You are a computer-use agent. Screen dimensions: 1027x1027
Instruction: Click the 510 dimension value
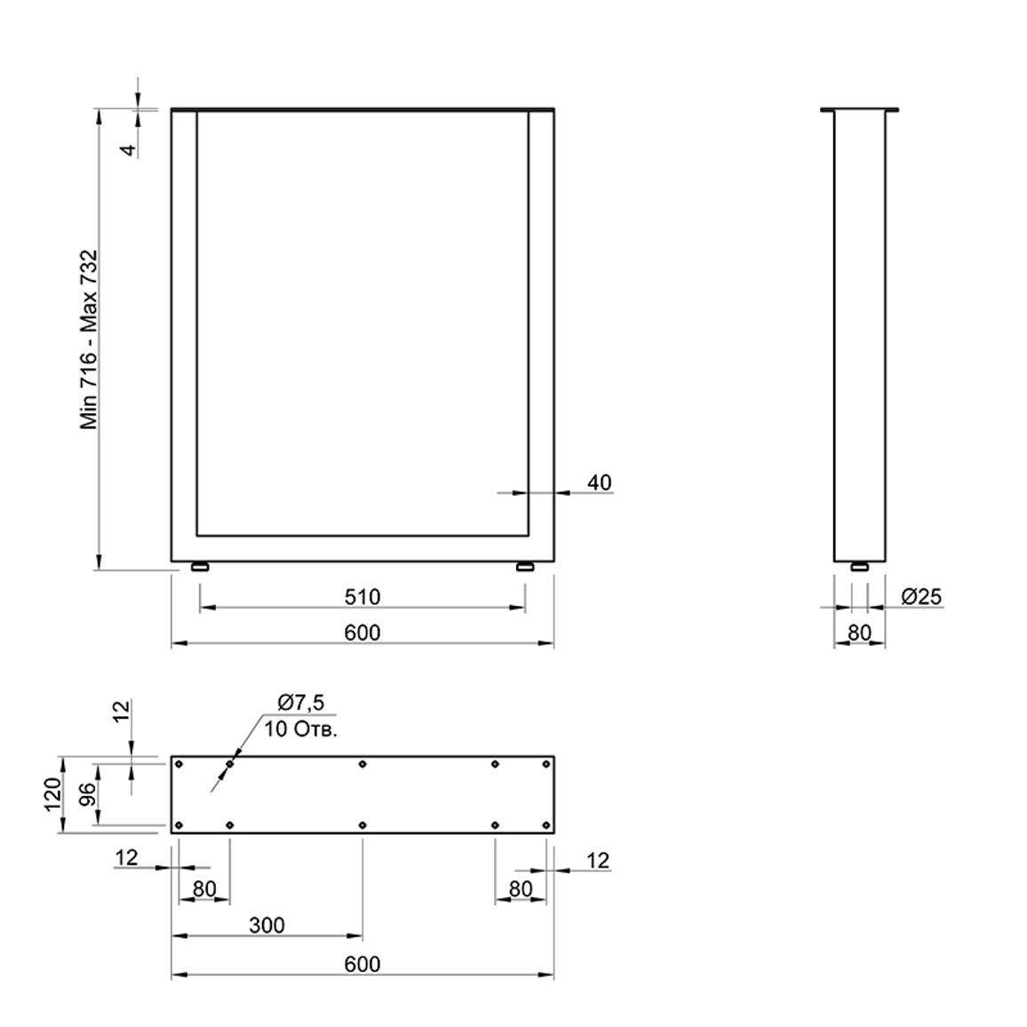pyautogui.click(x=362, y=597)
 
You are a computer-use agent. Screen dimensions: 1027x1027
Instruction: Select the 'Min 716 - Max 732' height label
pyautogui.click(x=89, y=340)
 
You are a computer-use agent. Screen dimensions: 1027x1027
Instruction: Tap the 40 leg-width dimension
pyautogui.click(x=600, y=482)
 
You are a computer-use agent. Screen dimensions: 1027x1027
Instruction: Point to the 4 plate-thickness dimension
pyautogui.click(x=129, y=149)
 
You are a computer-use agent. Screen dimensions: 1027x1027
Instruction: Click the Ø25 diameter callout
pyautogui.click(x=921, y=597)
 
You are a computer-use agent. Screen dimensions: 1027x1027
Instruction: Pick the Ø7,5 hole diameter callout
pyautogui.click(x=300, y=703)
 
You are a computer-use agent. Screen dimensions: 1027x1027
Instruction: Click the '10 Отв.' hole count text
pyautogui.click(x=300, y=729)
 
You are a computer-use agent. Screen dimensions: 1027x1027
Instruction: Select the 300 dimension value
pyautogui.click(x=267, y=925)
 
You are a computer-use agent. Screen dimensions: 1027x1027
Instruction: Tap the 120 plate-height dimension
pyautogui.click(x=53, y=794)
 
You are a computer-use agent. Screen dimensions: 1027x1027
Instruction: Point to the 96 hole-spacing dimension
pyautogui.click(x=88, y=794)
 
